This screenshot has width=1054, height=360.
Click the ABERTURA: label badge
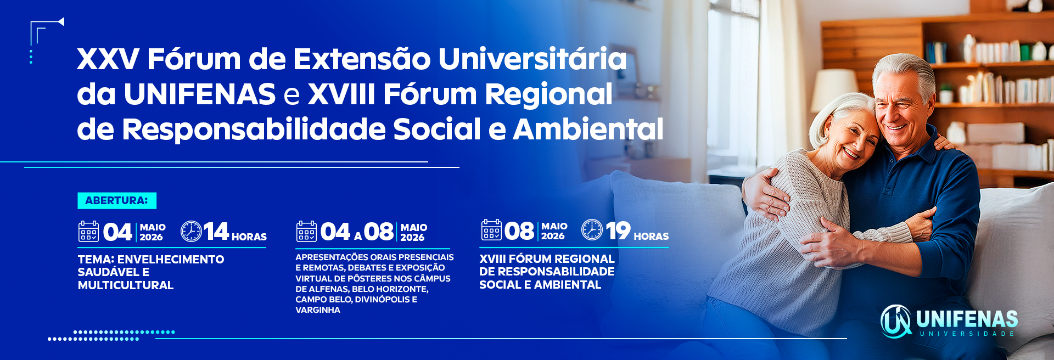117,201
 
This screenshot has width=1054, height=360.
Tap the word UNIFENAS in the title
199,94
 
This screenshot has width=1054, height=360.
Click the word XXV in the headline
108,59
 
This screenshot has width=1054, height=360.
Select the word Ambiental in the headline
588,129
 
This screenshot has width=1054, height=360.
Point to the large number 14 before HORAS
216,231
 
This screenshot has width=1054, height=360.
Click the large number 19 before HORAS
618,230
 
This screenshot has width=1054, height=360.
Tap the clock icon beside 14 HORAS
191,231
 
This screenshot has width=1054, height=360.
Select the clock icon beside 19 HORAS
592,230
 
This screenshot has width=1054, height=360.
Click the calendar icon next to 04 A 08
306,231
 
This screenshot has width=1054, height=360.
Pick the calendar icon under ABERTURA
88,231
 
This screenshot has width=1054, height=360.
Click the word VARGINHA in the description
318,310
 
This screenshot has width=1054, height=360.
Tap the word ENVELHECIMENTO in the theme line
171,260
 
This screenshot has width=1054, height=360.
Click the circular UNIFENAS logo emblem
896,321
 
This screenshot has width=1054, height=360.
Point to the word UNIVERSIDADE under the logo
967,334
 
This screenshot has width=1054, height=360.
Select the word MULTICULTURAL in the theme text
126,285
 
